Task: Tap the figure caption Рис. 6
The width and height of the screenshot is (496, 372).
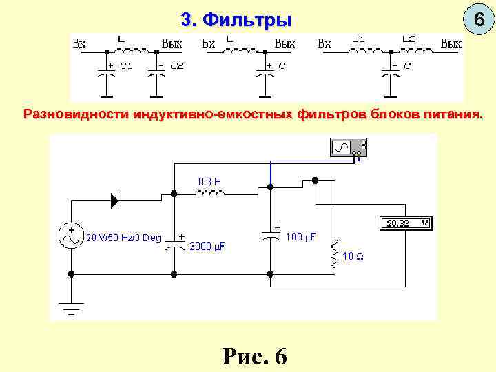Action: click(x=254, y=355)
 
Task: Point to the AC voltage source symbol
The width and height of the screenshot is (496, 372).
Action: click(x=71, y=236)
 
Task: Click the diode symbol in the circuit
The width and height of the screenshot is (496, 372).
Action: click(x=115, y=200)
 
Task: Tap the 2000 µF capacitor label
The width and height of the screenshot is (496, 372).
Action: click(x=207, y=246)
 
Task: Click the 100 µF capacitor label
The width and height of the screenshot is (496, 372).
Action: click(x=300, y=237)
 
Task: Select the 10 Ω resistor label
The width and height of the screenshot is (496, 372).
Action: click(x=353, y=256)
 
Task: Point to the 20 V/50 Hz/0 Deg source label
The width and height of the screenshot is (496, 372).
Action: click(x=123, y=238)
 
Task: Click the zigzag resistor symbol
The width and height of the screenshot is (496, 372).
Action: click(x=335, y=254)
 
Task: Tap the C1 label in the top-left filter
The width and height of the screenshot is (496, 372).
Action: click(x=126, y=66)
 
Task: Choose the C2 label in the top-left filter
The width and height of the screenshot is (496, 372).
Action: click(x=177, y=66)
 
